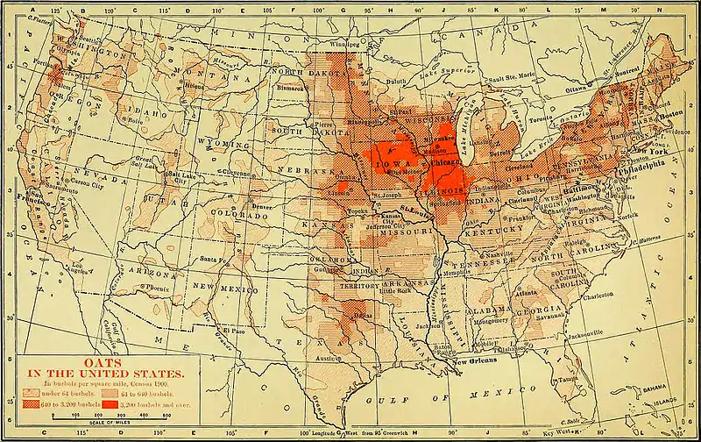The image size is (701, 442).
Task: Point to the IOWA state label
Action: [x=396, y=164]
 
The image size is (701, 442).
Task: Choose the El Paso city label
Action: [x=232, y=330]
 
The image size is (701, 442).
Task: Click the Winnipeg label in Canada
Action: [x=344, y=41]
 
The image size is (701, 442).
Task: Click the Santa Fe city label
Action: [x=216, y=260]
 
